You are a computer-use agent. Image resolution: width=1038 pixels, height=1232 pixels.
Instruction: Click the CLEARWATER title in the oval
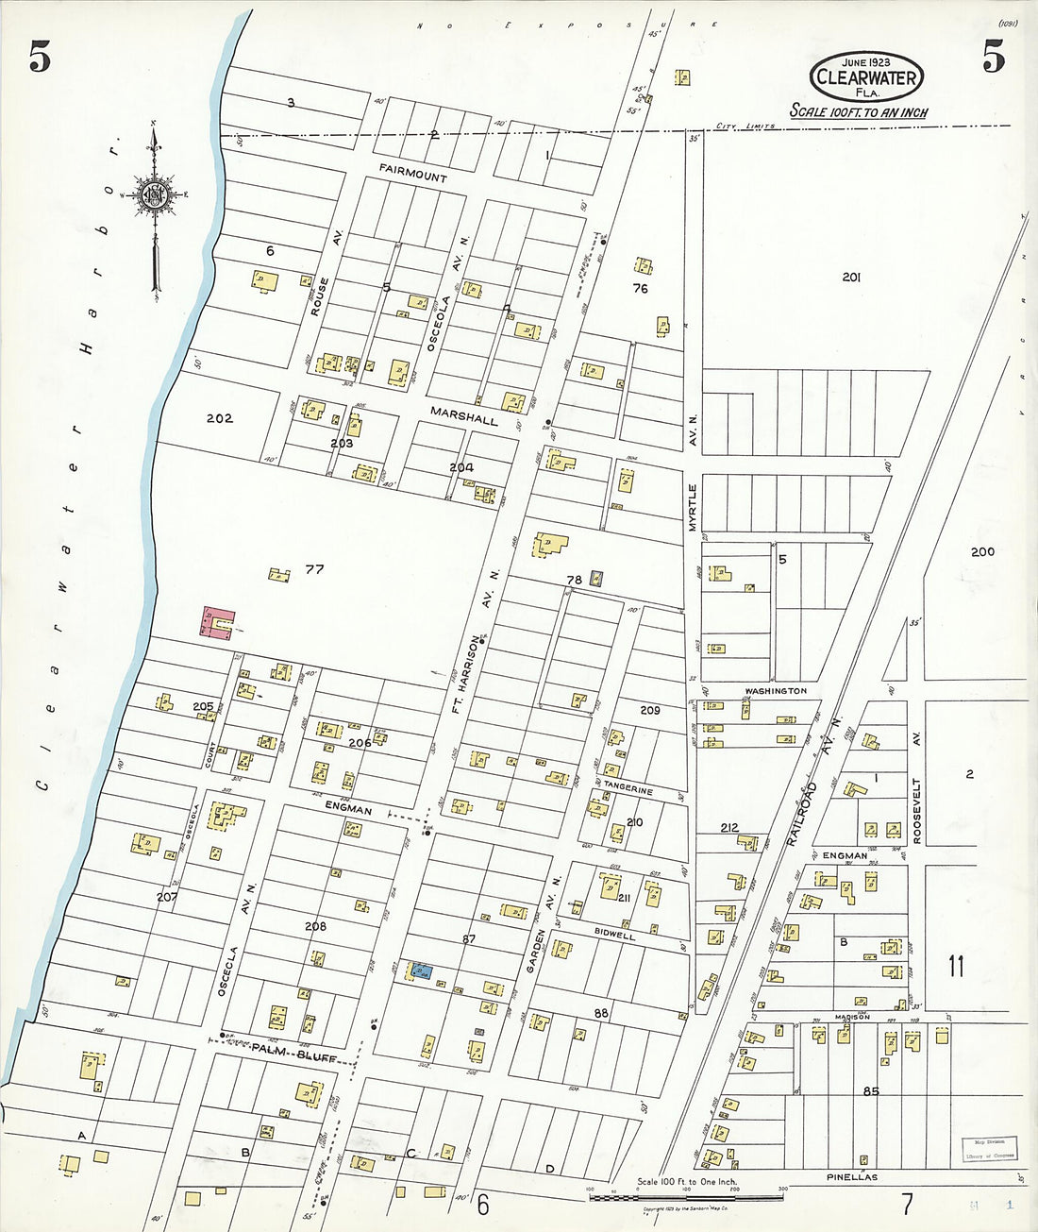865,77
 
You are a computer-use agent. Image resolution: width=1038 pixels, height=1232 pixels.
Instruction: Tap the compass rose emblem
154,195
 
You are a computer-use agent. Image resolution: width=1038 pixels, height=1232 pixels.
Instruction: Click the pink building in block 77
216,624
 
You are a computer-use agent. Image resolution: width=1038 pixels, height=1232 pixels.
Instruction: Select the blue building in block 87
422,970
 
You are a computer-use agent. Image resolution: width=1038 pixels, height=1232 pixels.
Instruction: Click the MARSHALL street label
463,415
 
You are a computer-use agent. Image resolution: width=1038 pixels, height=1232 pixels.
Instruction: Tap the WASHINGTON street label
776,691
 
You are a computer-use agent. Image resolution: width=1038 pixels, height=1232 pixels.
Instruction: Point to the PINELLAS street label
852,1177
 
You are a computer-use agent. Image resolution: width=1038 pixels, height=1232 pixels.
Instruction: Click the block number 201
851,277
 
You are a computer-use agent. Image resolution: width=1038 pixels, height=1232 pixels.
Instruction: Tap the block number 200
982,551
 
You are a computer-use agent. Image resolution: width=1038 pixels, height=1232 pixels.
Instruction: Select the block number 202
219,418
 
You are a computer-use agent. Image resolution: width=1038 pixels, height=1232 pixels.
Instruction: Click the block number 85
871,1091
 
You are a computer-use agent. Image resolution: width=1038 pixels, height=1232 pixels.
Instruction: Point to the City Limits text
745,126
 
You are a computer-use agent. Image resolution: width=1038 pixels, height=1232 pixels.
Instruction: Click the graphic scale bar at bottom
686,1197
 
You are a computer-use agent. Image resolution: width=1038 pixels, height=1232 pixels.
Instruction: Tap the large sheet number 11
956,966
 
